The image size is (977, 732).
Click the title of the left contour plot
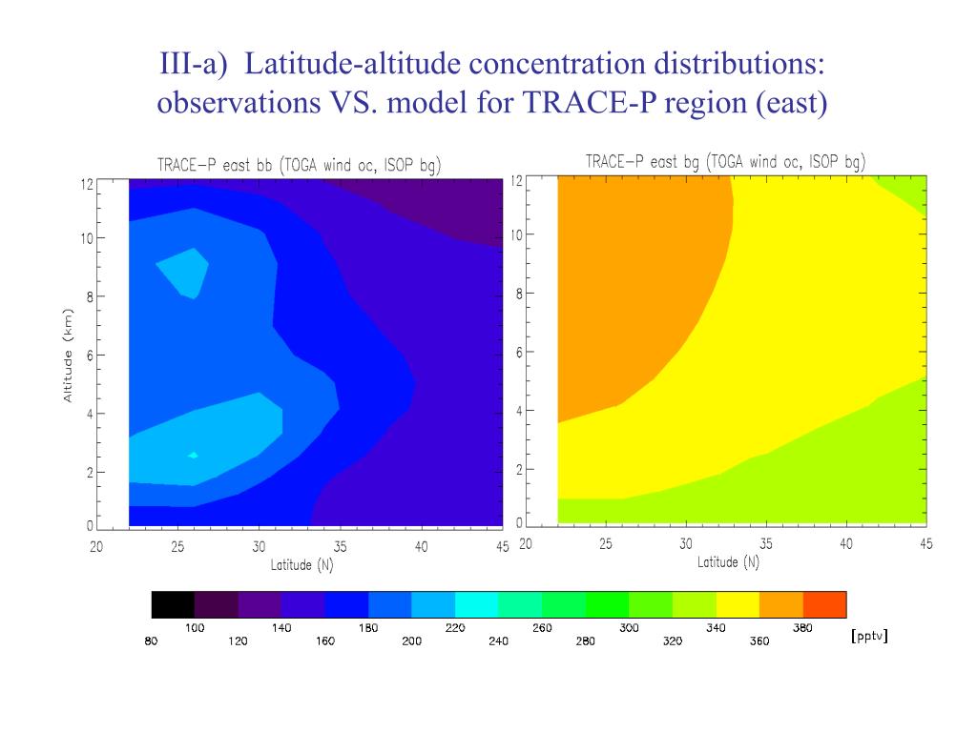point(299,165)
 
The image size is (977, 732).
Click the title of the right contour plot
point(725,161)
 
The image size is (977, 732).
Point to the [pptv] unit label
point(868,635)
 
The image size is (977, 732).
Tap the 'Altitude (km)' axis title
point(68,355)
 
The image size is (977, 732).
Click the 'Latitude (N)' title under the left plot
point(301,565)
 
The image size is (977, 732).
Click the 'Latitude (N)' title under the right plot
point(728,561)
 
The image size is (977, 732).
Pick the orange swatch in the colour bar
point(781,604)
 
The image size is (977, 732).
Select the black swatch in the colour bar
point(173,604)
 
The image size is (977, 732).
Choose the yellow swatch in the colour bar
point(738,604)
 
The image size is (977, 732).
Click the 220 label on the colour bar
point(455,627)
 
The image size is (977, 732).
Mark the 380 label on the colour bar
point(802,627)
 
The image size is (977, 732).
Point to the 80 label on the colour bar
point(152,640)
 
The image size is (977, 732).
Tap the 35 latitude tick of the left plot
point(341,547)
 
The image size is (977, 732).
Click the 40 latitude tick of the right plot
point(845,543)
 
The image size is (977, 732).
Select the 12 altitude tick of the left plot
point(87,185)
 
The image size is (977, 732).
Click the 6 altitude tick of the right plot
point(519,353)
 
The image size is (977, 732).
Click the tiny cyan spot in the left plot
point(194,456)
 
